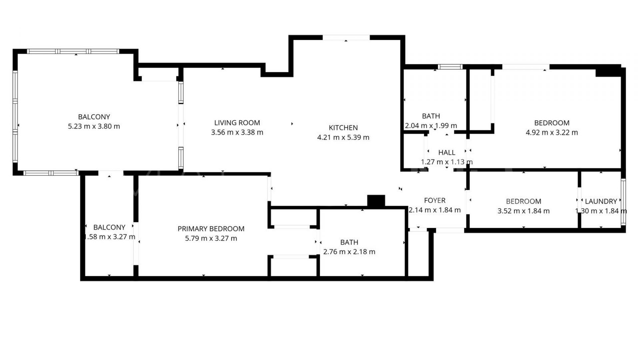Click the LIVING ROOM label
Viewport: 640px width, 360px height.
(x=237, y=123)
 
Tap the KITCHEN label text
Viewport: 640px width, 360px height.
(x=343, y=128)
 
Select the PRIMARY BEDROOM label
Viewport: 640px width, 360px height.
(x=211, y=229)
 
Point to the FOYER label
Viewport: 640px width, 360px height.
(x=435, y=200)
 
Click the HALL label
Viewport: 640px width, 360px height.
(x=447, y=153)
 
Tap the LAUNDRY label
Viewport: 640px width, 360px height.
(x=601, y=201)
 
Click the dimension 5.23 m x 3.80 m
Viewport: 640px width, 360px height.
(x=94, y=126)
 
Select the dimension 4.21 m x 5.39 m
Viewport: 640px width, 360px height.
(x=343, y=137)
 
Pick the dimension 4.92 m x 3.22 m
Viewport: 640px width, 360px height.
(x=552, y=132)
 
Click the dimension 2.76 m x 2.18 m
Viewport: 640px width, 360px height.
(x=349, y=252)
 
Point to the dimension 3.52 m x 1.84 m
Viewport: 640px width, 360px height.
(x=524, y=211)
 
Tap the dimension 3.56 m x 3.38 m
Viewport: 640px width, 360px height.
(x=237, y=132)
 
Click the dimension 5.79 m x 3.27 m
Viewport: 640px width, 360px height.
(x=211, y=238)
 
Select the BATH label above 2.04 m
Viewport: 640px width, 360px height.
(x=431, y=116)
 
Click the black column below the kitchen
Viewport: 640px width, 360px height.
(x=376, y=201)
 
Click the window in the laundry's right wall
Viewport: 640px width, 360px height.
(x=623, y=201)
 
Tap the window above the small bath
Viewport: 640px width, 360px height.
(x=450, y=67)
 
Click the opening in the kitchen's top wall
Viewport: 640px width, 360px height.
(x=346, y=38)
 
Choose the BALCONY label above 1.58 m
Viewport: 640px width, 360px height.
(x=109, y=227)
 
